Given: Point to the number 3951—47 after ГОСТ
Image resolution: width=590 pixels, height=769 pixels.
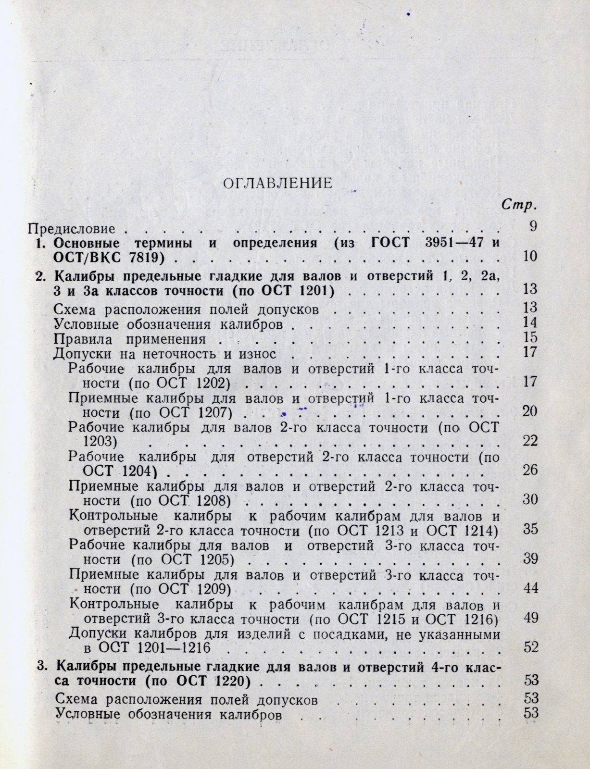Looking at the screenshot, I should pos(439,243).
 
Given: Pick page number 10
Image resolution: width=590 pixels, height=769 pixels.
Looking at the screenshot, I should pos(530,256).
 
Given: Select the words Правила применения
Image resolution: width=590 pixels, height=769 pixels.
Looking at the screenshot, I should pos(130,339).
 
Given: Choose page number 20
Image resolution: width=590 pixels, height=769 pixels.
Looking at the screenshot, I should pos(530,412).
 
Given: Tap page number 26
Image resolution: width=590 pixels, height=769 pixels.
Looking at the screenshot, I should pos(530,470).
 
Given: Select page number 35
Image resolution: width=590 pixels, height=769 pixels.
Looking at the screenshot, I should pos(530,529).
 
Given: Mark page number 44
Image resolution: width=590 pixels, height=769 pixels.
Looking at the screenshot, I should pos(530,588).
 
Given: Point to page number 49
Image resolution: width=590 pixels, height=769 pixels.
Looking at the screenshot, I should pos(530,618).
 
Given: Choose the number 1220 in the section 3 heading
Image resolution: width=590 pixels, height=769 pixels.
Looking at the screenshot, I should pos(233,681).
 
